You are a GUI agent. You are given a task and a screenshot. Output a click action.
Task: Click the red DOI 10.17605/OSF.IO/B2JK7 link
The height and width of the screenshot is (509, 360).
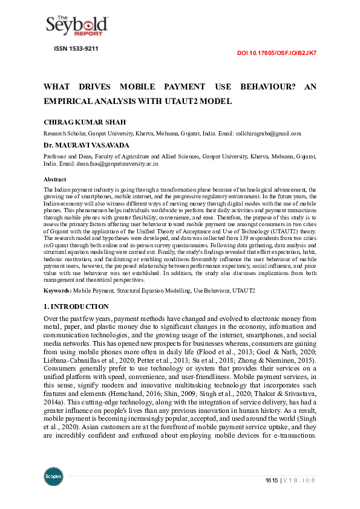tap(277, 53)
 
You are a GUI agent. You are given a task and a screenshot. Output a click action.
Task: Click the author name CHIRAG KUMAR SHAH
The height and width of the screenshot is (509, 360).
tap(85, 122)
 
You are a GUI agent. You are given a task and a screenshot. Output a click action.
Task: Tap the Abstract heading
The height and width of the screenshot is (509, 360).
tap(55, 180)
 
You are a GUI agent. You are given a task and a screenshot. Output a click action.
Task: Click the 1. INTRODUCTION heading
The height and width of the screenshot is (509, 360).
tap(77, 306)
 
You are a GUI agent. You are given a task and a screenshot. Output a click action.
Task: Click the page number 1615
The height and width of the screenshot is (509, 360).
tap(272, 481)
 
